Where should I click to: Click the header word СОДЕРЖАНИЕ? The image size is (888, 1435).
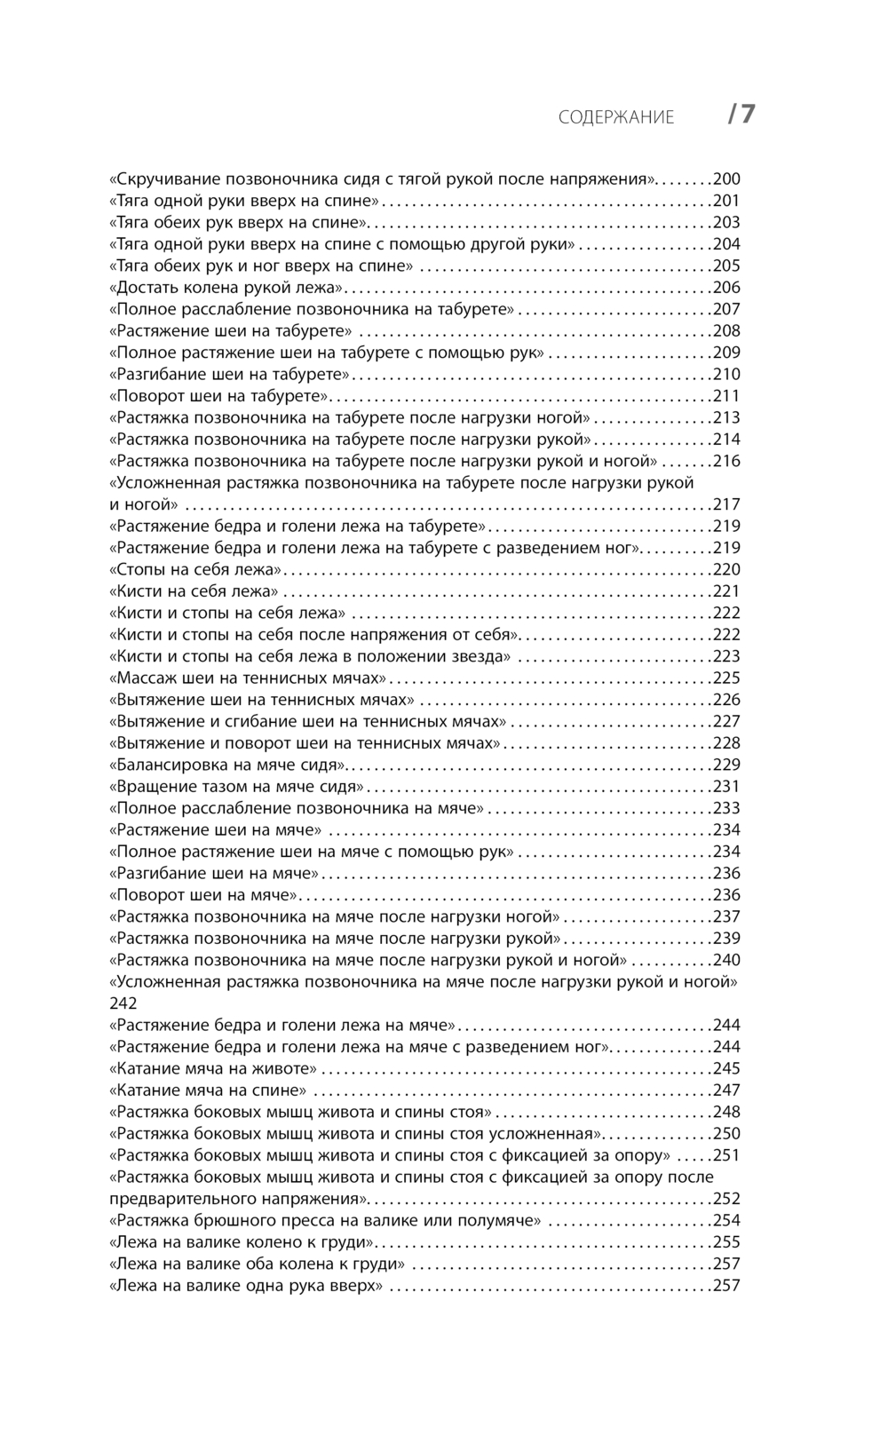[616, 117]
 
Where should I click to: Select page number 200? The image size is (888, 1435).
[726, 178]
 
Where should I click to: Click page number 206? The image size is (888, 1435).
[726, 288]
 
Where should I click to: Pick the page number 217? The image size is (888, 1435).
[726, 504]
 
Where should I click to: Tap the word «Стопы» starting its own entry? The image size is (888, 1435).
[135, 569]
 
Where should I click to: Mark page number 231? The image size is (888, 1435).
[726, 787]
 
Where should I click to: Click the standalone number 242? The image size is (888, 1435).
[123, 1003]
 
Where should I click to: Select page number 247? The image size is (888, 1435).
[726, 1090]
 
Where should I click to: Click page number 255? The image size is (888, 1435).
[726, 1242]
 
